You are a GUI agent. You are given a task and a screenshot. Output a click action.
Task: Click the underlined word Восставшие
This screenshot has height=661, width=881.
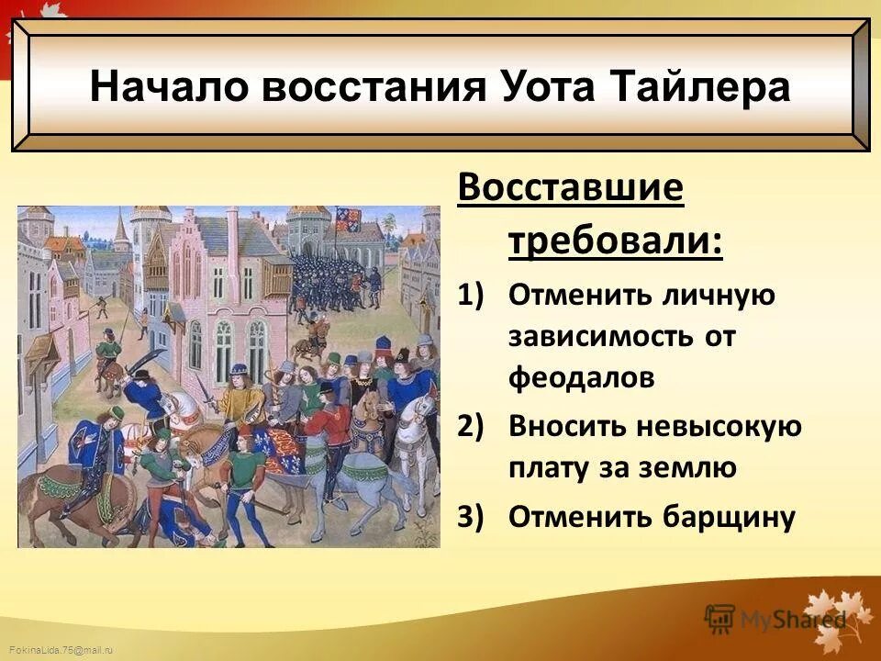[x=571, y=190]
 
